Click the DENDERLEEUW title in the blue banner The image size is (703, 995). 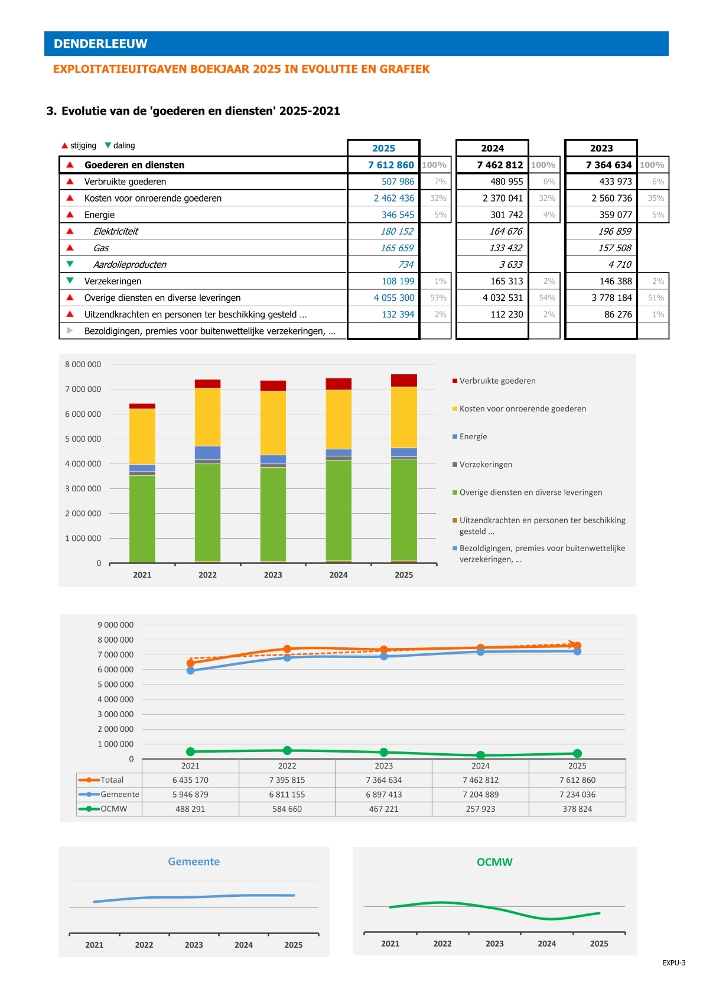click(100, 44)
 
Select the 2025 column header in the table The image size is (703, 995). click(383, 148)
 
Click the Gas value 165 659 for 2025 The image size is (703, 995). click(396, 248)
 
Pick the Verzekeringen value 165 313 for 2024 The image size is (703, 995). click(506, 281)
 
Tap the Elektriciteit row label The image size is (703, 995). click(115, 231)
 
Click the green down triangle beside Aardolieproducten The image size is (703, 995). click(70, 264)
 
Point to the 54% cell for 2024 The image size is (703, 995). click(547, 297)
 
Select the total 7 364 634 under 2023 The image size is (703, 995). click(608, 165)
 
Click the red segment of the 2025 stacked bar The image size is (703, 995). click(403, 381)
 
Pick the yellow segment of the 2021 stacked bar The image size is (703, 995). click(142, 437)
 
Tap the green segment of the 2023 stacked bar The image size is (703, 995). click(272, 514)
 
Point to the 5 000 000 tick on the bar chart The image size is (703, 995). click(83, 439)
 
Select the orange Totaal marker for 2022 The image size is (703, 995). click(287, 649)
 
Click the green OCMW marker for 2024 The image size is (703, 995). click(480, 755)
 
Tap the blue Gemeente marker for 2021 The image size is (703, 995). click(190, 671)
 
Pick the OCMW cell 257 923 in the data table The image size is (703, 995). click(480, 809)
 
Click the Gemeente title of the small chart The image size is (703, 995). click(194, 862)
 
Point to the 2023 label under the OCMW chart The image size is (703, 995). click(494, 944)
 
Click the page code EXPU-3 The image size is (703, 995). click(673, 963)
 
